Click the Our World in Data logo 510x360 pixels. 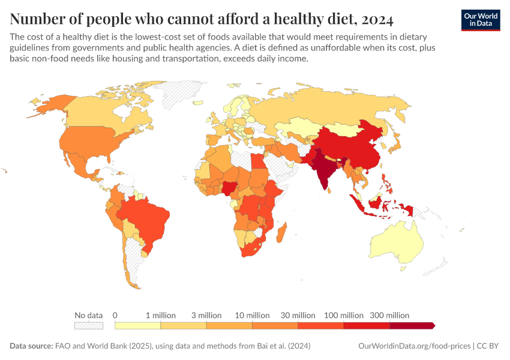(480, 19)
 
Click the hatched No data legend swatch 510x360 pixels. (88, 325)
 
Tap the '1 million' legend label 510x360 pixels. (160, 315)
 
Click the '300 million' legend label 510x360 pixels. (389, 315)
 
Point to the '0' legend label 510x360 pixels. (115, 315)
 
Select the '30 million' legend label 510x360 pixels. (298, 315)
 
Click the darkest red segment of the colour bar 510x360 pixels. (412, 325)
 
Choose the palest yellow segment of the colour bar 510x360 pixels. (137, 325)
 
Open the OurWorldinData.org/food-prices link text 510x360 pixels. (413, 346)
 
